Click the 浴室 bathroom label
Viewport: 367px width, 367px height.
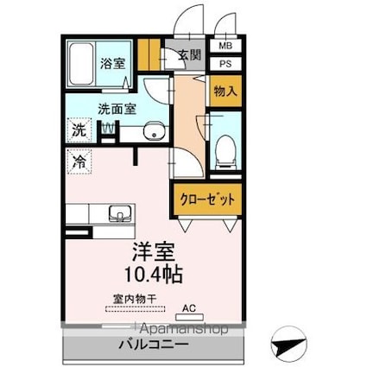coord(111,63)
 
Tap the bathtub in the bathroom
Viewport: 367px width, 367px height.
coord(80,62)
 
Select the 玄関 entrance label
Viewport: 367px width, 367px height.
coord(189,55)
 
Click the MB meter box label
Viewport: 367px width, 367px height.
coord(225,47)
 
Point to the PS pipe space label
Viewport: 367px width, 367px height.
coord(225,63)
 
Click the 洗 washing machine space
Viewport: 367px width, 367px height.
coord(79,132)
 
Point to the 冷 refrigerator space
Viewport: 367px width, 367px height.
coord(79,161)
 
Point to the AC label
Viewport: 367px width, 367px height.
coord(189,307)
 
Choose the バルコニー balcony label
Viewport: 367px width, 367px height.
coord(153,345)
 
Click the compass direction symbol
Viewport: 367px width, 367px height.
coord(288,345)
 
